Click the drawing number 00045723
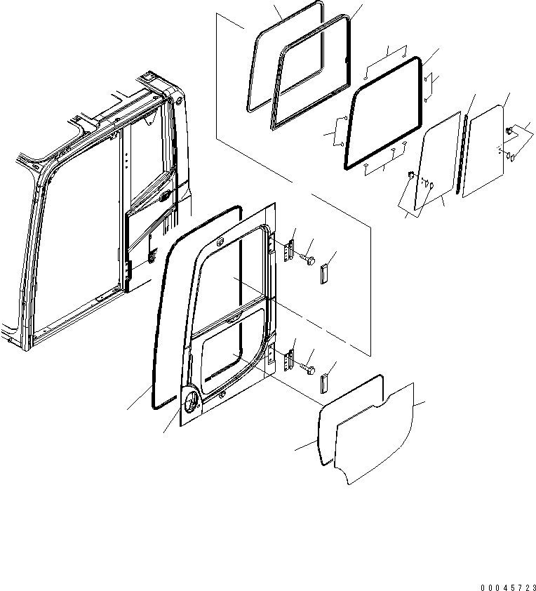508,587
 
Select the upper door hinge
289,249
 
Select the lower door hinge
289,360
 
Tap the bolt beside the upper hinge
308,260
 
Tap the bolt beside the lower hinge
308,370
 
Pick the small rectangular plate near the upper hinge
324,274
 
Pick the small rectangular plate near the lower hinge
324,384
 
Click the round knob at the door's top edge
221,241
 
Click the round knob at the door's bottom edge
222,394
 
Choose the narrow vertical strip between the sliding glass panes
462,154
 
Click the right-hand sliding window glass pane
483,152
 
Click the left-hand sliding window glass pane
438,161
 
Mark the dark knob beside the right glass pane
509,131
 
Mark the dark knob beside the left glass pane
411,175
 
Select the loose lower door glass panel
374,434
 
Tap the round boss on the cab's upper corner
178,100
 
